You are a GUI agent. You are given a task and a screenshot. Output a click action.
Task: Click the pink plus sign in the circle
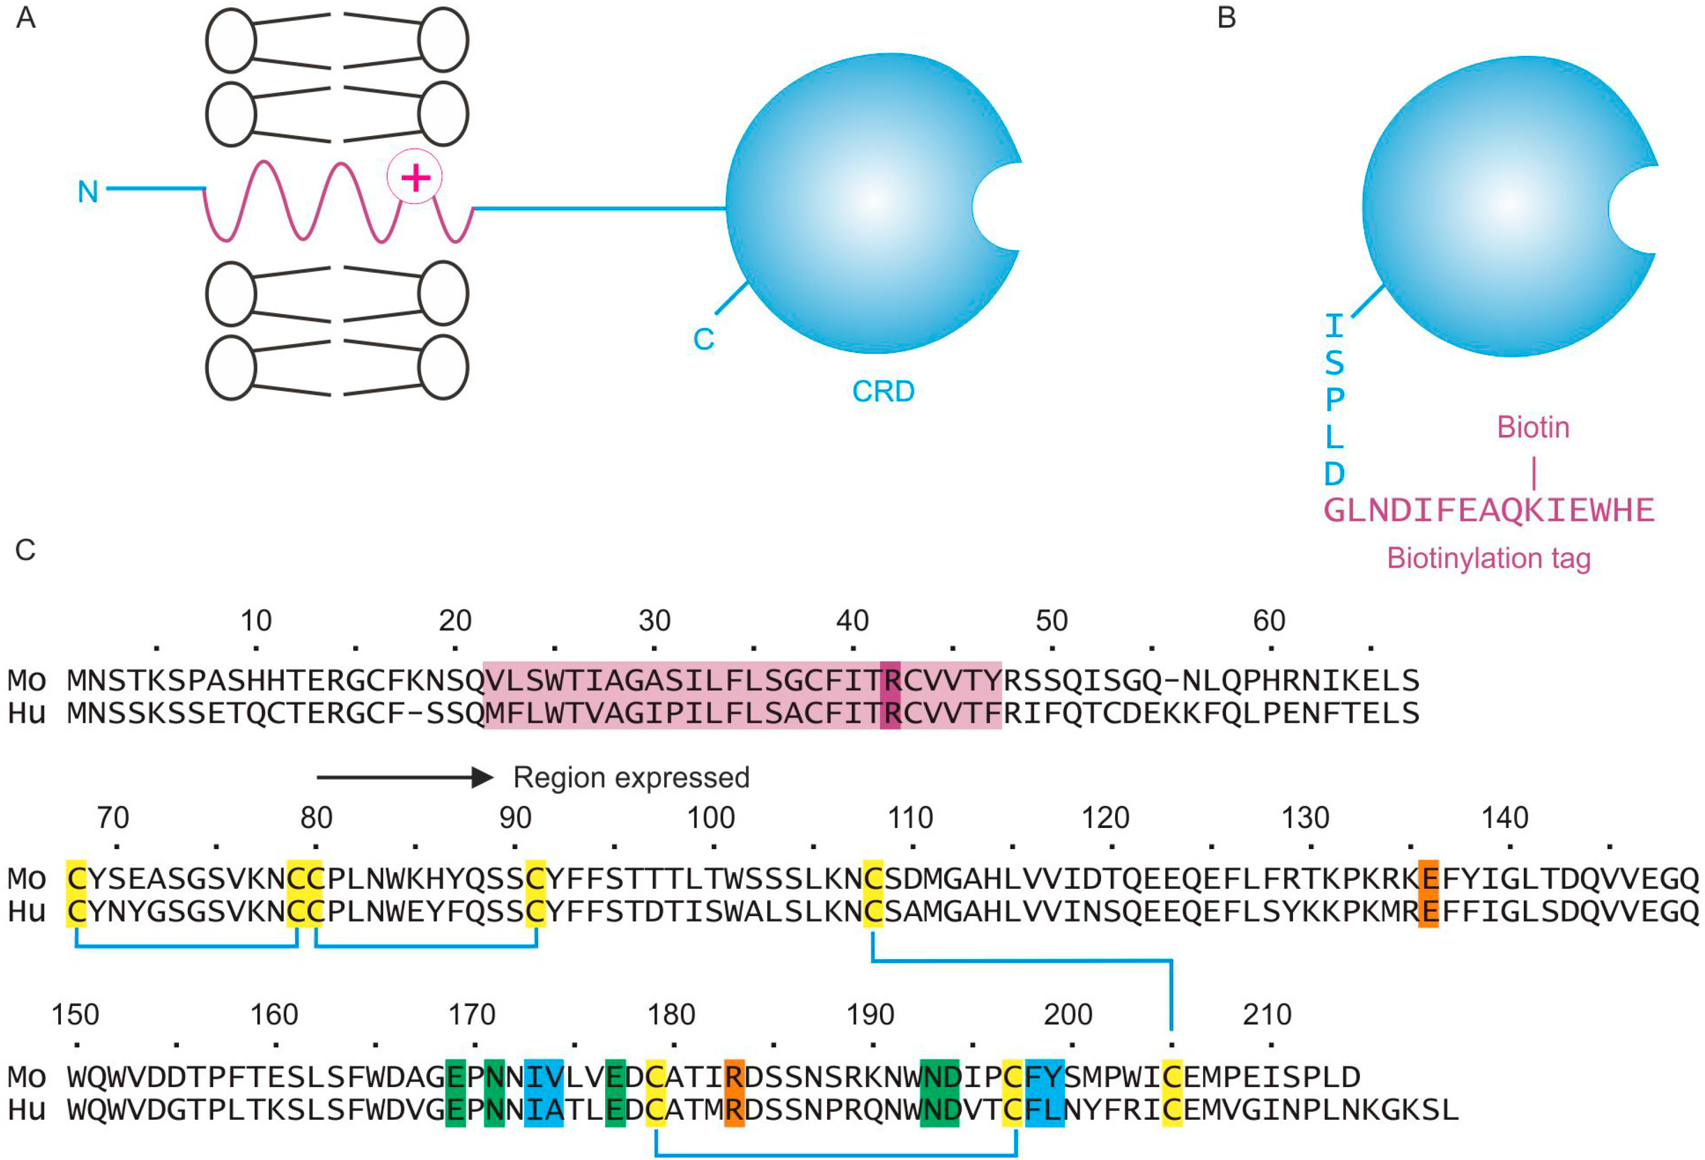coord(415,177)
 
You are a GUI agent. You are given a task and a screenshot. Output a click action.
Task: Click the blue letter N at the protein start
coord(88,192)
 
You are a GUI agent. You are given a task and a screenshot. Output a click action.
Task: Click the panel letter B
coord(1226,17)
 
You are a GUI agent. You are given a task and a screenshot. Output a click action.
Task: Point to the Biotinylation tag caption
coord(1488,558)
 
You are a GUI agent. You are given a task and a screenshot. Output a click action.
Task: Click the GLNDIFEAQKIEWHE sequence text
coord(1488,510)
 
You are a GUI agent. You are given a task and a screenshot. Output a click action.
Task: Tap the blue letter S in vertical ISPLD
coord(1334,363)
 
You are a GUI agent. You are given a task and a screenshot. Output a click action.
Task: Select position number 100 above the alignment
coord(710,818)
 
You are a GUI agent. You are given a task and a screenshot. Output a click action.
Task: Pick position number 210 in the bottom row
coord(1267,1015)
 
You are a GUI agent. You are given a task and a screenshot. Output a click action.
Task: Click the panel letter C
coord(25,550)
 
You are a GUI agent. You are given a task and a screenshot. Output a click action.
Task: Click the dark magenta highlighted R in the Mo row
coord(890,680)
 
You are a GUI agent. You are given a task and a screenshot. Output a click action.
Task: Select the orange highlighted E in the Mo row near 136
coord(1427,877)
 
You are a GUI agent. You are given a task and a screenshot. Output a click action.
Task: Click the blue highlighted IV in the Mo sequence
coord(544,1076)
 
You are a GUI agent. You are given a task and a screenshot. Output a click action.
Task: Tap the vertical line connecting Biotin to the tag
coord(1534,472)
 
